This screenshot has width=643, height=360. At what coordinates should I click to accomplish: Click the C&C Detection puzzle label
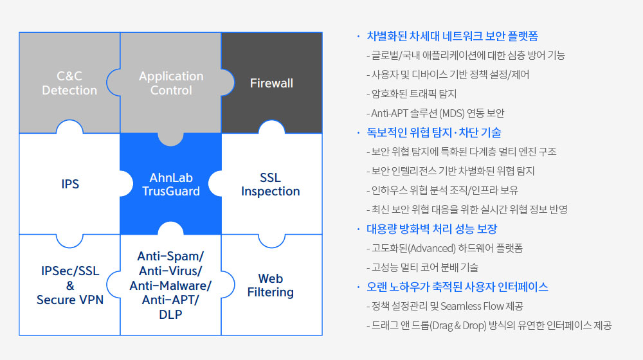(69, 83)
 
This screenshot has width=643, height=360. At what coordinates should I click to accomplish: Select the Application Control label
(171, 83)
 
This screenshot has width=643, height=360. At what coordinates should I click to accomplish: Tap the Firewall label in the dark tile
(271, 83)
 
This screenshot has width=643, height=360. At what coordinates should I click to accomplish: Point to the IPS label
(70, 184)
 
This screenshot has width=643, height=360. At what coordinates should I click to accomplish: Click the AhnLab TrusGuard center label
(171, 184)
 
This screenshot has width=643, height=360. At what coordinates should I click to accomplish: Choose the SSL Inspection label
(271, 184)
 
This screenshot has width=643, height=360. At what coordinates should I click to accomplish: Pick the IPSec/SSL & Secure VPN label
(70, 285)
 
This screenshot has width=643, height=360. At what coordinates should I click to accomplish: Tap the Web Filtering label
(271, 285)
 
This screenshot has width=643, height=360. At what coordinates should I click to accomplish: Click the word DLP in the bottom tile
(170, 314)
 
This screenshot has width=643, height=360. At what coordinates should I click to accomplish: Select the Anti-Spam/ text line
(170, 256)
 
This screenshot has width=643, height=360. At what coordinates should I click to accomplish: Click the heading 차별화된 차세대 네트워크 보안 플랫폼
(452, 36)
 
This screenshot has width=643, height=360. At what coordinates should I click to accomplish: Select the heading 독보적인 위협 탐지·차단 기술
(434, 132)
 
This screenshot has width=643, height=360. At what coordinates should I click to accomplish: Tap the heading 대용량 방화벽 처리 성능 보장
(432, 229)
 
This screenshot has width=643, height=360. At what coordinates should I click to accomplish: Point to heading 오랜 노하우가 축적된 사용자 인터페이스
(457, 287)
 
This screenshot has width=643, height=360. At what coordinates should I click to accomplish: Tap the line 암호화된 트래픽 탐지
(412, 94)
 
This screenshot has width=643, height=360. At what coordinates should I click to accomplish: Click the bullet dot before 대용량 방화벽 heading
(358, 230)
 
